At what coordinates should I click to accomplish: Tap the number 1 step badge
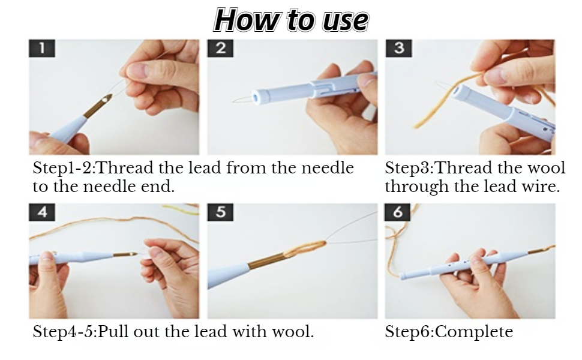41,49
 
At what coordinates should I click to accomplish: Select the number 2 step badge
220,49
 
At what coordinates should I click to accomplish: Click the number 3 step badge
398,49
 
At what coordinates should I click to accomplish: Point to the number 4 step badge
41,212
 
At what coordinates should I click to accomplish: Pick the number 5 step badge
220,212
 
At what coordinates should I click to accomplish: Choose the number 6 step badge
398,212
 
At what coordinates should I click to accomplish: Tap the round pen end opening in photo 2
259,96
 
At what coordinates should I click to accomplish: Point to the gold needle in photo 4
123,255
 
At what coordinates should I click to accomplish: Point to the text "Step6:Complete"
449,332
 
